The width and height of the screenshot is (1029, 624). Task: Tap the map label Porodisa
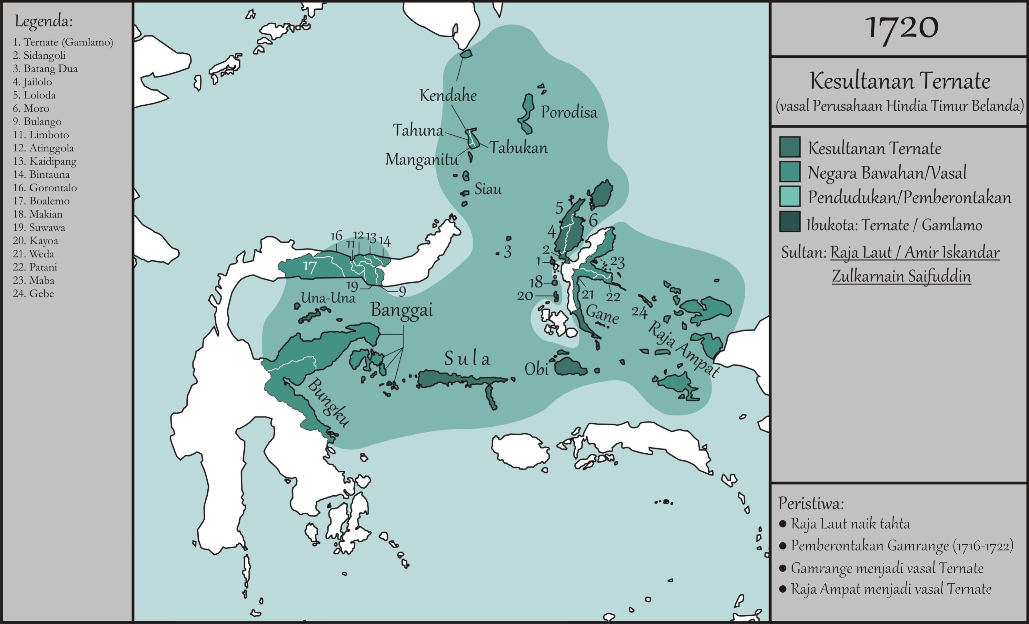(x=569, y=112)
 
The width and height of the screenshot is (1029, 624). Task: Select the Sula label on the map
(x=467, y=358)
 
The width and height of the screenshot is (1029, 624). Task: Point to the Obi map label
(x=536, y=369)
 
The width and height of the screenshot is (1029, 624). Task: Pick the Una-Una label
(x=328, y=298)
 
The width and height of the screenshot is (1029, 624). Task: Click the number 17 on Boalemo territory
(x=310, y=267)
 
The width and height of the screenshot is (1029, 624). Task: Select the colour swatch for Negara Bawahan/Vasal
(x=790, y=172)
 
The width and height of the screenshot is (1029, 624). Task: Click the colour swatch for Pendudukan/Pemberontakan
(x=790, y=196)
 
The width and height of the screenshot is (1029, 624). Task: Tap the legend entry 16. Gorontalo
(x=45, y=188)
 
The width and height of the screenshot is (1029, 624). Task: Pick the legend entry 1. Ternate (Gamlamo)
(x=63, y=42)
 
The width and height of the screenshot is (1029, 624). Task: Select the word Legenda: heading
(x=44, y=21)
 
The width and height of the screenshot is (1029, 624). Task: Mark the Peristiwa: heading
(x=811, y=503)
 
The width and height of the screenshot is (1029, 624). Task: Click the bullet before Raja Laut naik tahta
(x=783, y=524)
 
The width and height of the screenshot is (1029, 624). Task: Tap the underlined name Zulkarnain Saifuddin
(x=901, y=276)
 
